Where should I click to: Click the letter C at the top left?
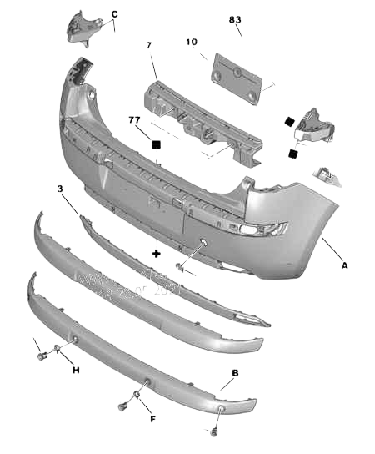(x=114, y=13)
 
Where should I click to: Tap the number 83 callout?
(x=235, y=19)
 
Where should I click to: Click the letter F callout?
(x=152, y=419)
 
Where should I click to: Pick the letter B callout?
(x=235, y=372)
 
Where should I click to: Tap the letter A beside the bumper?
(x=344, y=266)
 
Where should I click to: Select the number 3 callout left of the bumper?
(x=59, y=190)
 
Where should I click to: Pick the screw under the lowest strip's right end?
(x=212, y=432)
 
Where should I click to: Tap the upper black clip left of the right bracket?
(x=288, y=119)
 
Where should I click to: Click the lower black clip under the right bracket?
(x=292, y=153)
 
